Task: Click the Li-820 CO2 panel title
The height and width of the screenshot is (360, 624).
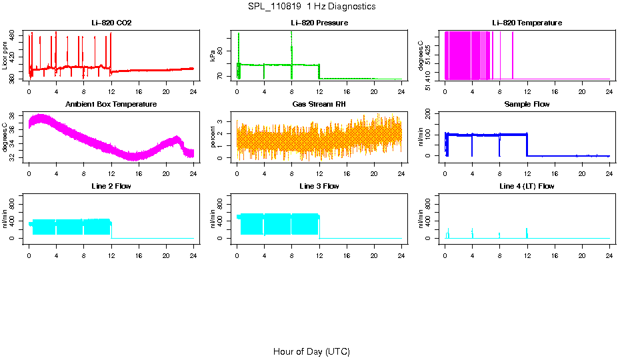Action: [x=112, y=23]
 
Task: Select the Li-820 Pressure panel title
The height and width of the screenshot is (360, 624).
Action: [x=319, y=23]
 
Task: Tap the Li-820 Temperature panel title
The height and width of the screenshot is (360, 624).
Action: [x=527, y=23]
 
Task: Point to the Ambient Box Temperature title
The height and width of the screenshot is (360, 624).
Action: [x=111, y=104]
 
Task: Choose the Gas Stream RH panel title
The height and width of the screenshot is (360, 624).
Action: [x=319, y=104]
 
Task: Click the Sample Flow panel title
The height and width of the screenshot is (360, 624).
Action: [x=527, y=104]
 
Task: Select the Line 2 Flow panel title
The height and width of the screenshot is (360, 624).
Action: [x=111, y=186]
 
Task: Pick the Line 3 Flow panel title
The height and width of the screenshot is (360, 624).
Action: [x=319, y=186]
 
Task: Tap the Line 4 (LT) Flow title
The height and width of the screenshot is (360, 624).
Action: [x=527, y=186]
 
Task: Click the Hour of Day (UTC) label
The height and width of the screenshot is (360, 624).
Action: [x=311, y=351]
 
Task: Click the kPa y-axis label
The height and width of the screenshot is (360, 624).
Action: [x=213, y=56]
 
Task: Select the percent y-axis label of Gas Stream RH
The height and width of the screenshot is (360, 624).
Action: [x=213, y=137]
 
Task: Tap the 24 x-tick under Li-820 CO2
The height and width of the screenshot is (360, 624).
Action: [x=193, y=90]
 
